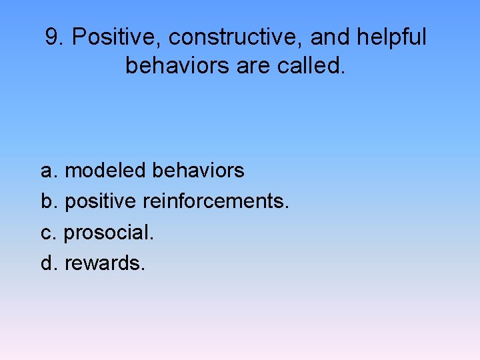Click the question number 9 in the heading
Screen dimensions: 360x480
52,38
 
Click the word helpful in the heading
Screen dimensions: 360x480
391,38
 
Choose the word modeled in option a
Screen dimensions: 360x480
105,171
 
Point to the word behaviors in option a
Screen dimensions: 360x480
198,171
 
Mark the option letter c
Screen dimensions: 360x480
47,233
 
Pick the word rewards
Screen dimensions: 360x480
103,263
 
